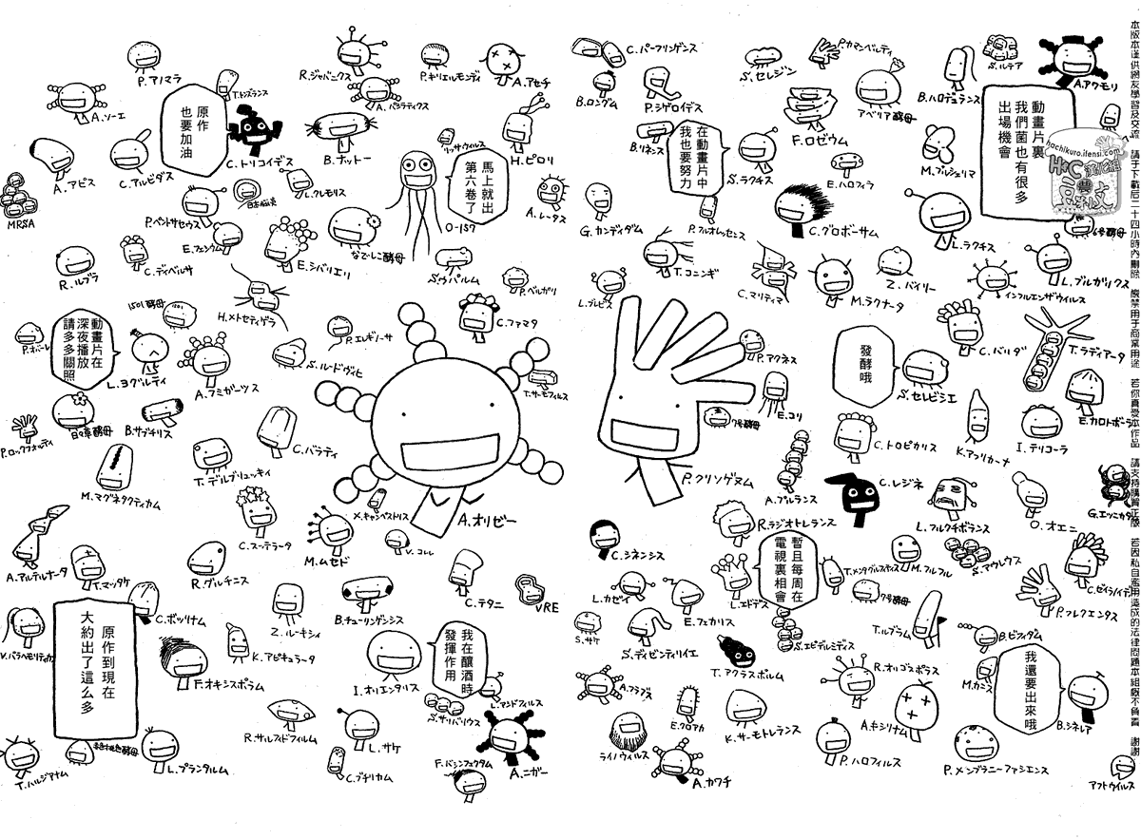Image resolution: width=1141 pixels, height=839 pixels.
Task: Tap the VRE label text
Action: [x=547, y=608]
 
